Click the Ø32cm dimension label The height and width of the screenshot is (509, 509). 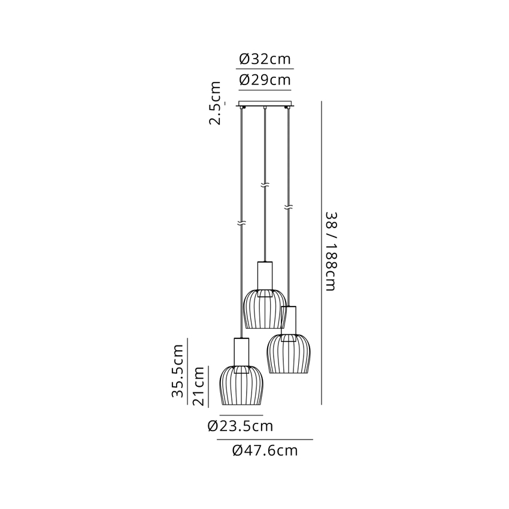265,59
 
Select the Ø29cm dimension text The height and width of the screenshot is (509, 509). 265,80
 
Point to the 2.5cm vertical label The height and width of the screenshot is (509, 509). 215,103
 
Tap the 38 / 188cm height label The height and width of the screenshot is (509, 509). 331,252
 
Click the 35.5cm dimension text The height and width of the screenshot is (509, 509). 178,371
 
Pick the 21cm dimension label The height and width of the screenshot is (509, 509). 199,386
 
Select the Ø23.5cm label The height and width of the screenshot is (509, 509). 241,426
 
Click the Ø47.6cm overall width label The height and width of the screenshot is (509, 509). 265,450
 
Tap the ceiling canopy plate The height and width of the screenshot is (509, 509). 265,104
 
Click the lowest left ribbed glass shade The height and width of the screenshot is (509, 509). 241,385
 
